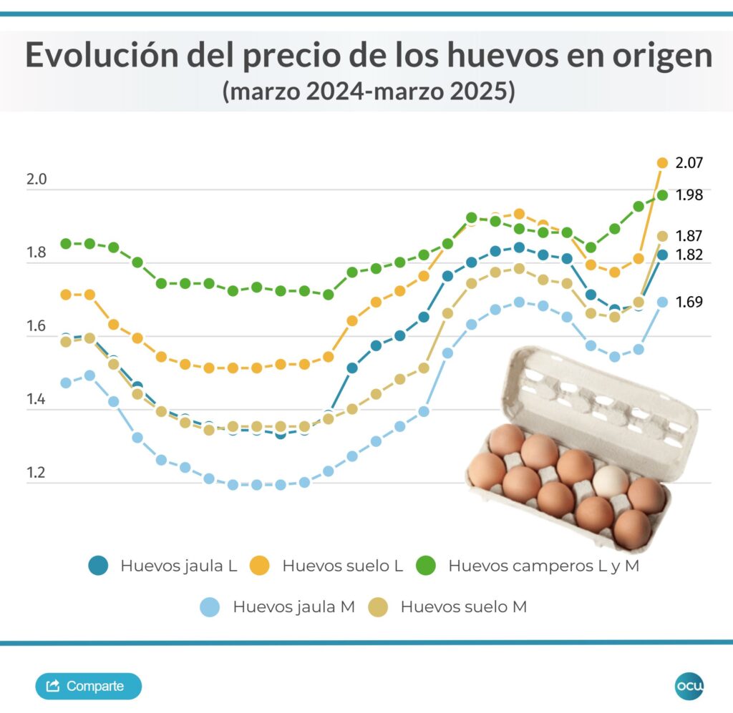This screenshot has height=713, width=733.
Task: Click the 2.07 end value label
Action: pos(689,162)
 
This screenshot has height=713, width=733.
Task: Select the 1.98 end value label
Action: pos(689,195)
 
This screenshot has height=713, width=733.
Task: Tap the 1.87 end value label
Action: pos(689,236)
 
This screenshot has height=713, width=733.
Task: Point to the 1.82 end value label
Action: pos(689,255)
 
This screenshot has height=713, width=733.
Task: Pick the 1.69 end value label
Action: pos(689,302)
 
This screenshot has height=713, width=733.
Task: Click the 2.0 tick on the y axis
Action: pos(36,180)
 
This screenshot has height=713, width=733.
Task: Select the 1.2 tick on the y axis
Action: pos(36,473)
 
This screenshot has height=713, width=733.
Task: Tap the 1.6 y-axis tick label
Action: pos(36,326)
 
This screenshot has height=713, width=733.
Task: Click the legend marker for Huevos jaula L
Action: pos(98,566)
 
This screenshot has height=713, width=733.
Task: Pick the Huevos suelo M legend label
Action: pos(463,607)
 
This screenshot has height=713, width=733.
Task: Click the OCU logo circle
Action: pos(689,686)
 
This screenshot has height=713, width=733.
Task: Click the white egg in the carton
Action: pos(611,482)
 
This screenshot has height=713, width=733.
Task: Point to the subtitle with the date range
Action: pos(368,92)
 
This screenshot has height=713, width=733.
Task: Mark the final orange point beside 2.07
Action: pos(662,162)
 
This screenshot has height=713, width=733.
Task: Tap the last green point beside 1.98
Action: pos(662,195)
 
